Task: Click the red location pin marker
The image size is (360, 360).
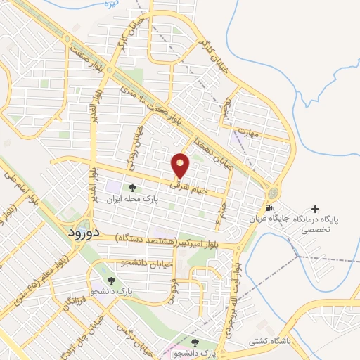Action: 181,165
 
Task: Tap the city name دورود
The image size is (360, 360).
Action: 84,231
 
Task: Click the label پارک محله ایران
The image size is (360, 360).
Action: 129,200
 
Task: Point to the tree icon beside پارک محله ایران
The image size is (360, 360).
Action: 131,188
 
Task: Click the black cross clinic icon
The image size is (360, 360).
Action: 315,209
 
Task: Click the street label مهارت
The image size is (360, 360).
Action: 248,131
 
